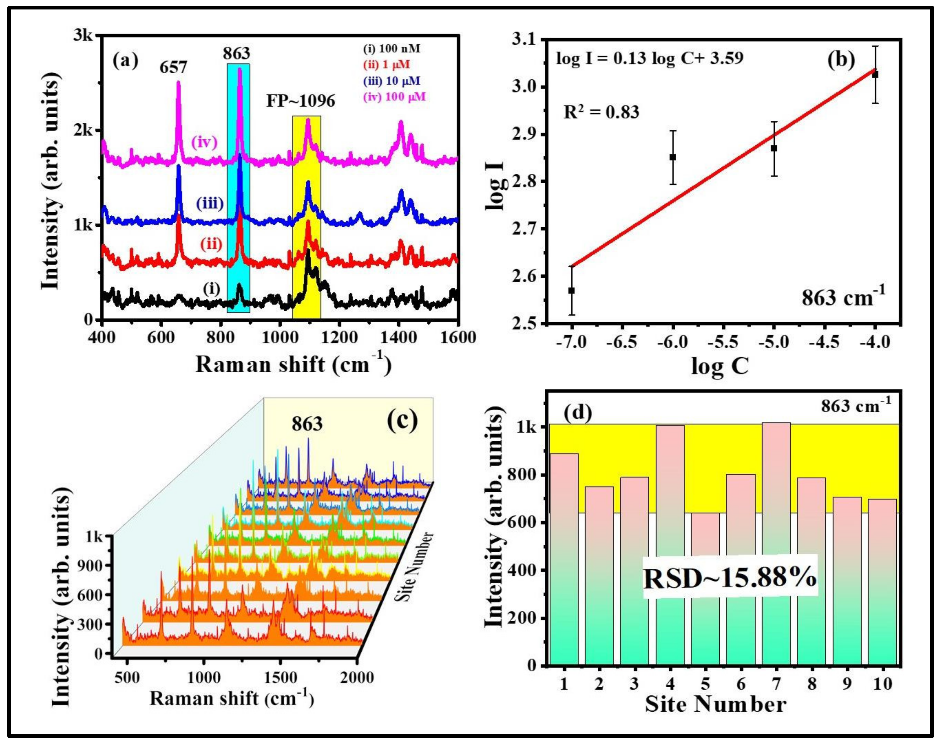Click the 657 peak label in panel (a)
173,67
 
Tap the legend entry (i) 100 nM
392,49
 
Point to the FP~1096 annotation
301,101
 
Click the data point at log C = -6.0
673,157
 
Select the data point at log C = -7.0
571,290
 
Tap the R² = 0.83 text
601,112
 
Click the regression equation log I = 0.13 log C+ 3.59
649,58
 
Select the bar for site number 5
705,589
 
